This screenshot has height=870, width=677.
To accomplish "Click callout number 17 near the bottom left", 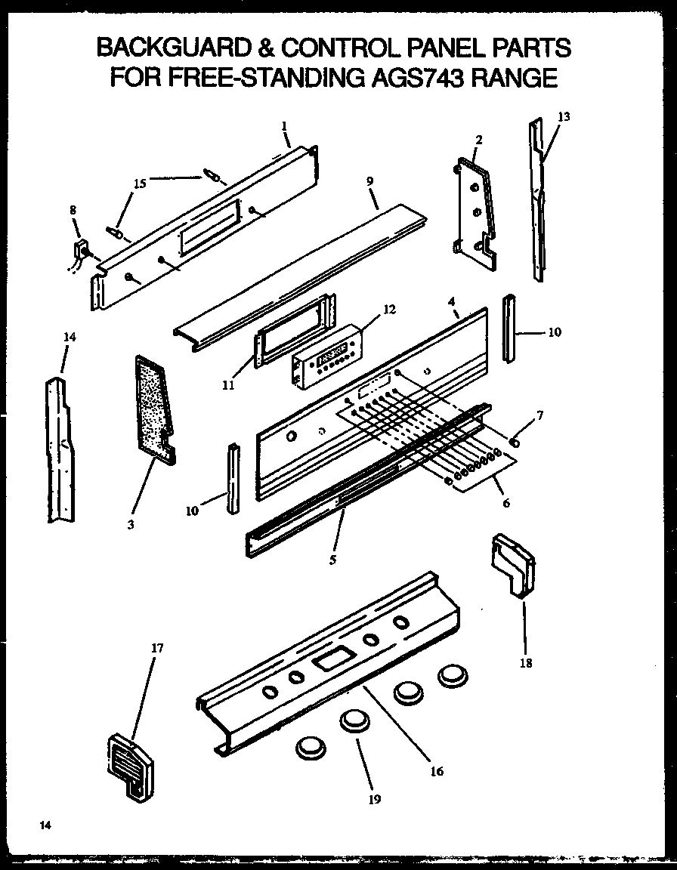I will [x=157, y=648].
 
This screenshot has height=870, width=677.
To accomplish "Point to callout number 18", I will [x=526, y=663].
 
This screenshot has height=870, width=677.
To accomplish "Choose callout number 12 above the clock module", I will [x=389, y=309].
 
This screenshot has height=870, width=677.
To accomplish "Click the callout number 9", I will [x=369, y=182].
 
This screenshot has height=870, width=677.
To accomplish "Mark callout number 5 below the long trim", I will [x=333, y=560].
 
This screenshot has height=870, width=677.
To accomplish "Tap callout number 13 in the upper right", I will [x=564, y=116].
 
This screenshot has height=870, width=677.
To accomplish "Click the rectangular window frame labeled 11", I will [x=292, y=333].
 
